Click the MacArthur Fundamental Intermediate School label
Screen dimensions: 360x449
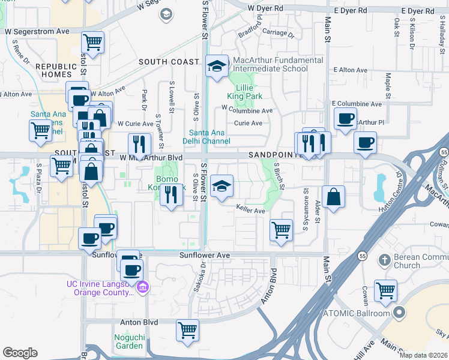pos(270,64)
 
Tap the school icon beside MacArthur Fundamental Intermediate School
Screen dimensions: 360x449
pos(216,67)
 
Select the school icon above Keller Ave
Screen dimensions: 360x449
pos(221,187)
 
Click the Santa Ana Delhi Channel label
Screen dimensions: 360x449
pos(209,137)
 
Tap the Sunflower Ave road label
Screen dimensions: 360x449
pos(205,255)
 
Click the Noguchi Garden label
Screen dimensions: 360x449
pos(130,341)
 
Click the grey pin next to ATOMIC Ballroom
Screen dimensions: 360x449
pos(399,313)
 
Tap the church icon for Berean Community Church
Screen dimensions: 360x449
pos(385,260)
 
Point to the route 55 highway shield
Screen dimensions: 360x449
pos(363,256)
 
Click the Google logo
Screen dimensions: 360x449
pos(20,353)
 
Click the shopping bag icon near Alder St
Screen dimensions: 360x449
pos(333,196)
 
